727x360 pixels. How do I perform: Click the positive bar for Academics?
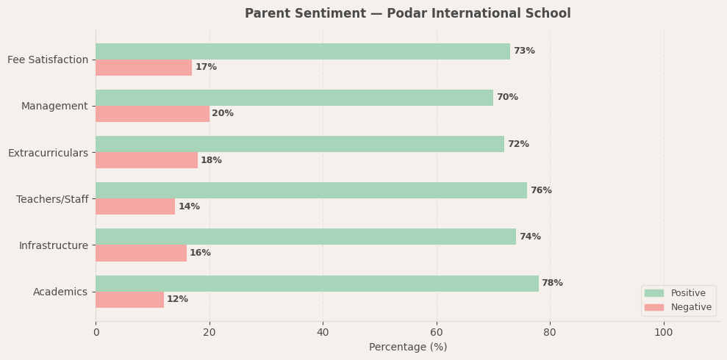[317, 284]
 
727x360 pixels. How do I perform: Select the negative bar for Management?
[152, 114]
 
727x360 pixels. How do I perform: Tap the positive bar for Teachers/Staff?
[311, 190]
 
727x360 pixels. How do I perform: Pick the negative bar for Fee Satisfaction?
[143, 68]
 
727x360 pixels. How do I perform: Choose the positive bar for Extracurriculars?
[300, 144]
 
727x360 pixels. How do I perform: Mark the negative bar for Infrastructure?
[141, 253]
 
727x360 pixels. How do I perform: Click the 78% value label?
[552, 284]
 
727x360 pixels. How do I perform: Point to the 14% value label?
[189, 207]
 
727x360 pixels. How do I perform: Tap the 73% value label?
[524, 51]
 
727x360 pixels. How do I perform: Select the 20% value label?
[223, 114]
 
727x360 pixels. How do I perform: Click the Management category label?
[54, 107]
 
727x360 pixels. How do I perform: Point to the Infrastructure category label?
[54, 245]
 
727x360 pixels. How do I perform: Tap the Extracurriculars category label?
[48, 153]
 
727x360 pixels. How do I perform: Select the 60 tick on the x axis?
[437, 332]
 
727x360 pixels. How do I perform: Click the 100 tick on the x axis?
[664, 332]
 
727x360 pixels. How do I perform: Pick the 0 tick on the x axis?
[96, 332]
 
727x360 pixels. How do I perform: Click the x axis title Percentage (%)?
[408, 348]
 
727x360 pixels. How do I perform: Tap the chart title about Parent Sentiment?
[408, 14]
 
